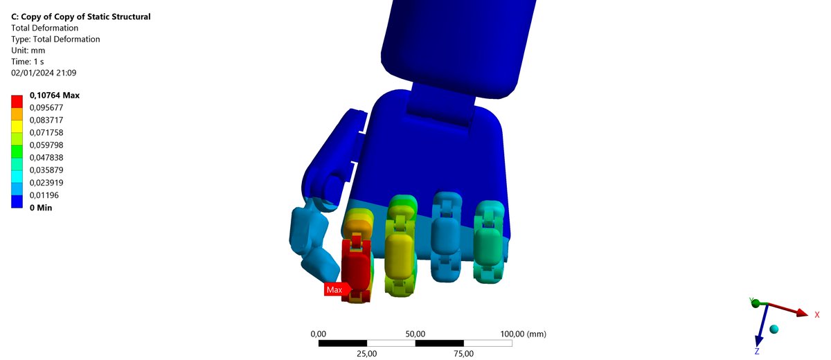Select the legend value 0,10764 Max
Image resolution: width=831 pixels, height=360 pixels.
(55, 96)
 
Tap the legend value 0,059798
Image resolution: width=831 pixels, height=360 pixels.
(46, 145)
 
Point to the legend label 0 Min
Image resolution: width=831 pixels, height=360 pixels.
(41, 208)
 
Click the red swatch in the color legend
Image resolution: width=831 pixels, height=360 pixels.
(17, 102)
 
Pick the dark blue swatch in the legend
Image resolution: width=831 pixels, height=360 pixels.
(17, 201)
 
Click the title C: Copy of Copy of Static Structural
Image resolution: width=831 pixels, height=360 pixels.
(81, 17)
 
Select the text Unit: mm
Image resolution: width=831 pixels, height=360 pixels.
(28, 51)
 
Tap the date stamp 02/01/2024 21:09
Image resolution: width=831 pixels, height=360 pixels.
(44, 73)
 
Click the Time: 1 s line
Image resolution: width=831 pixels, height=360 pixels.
(28, 62)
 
